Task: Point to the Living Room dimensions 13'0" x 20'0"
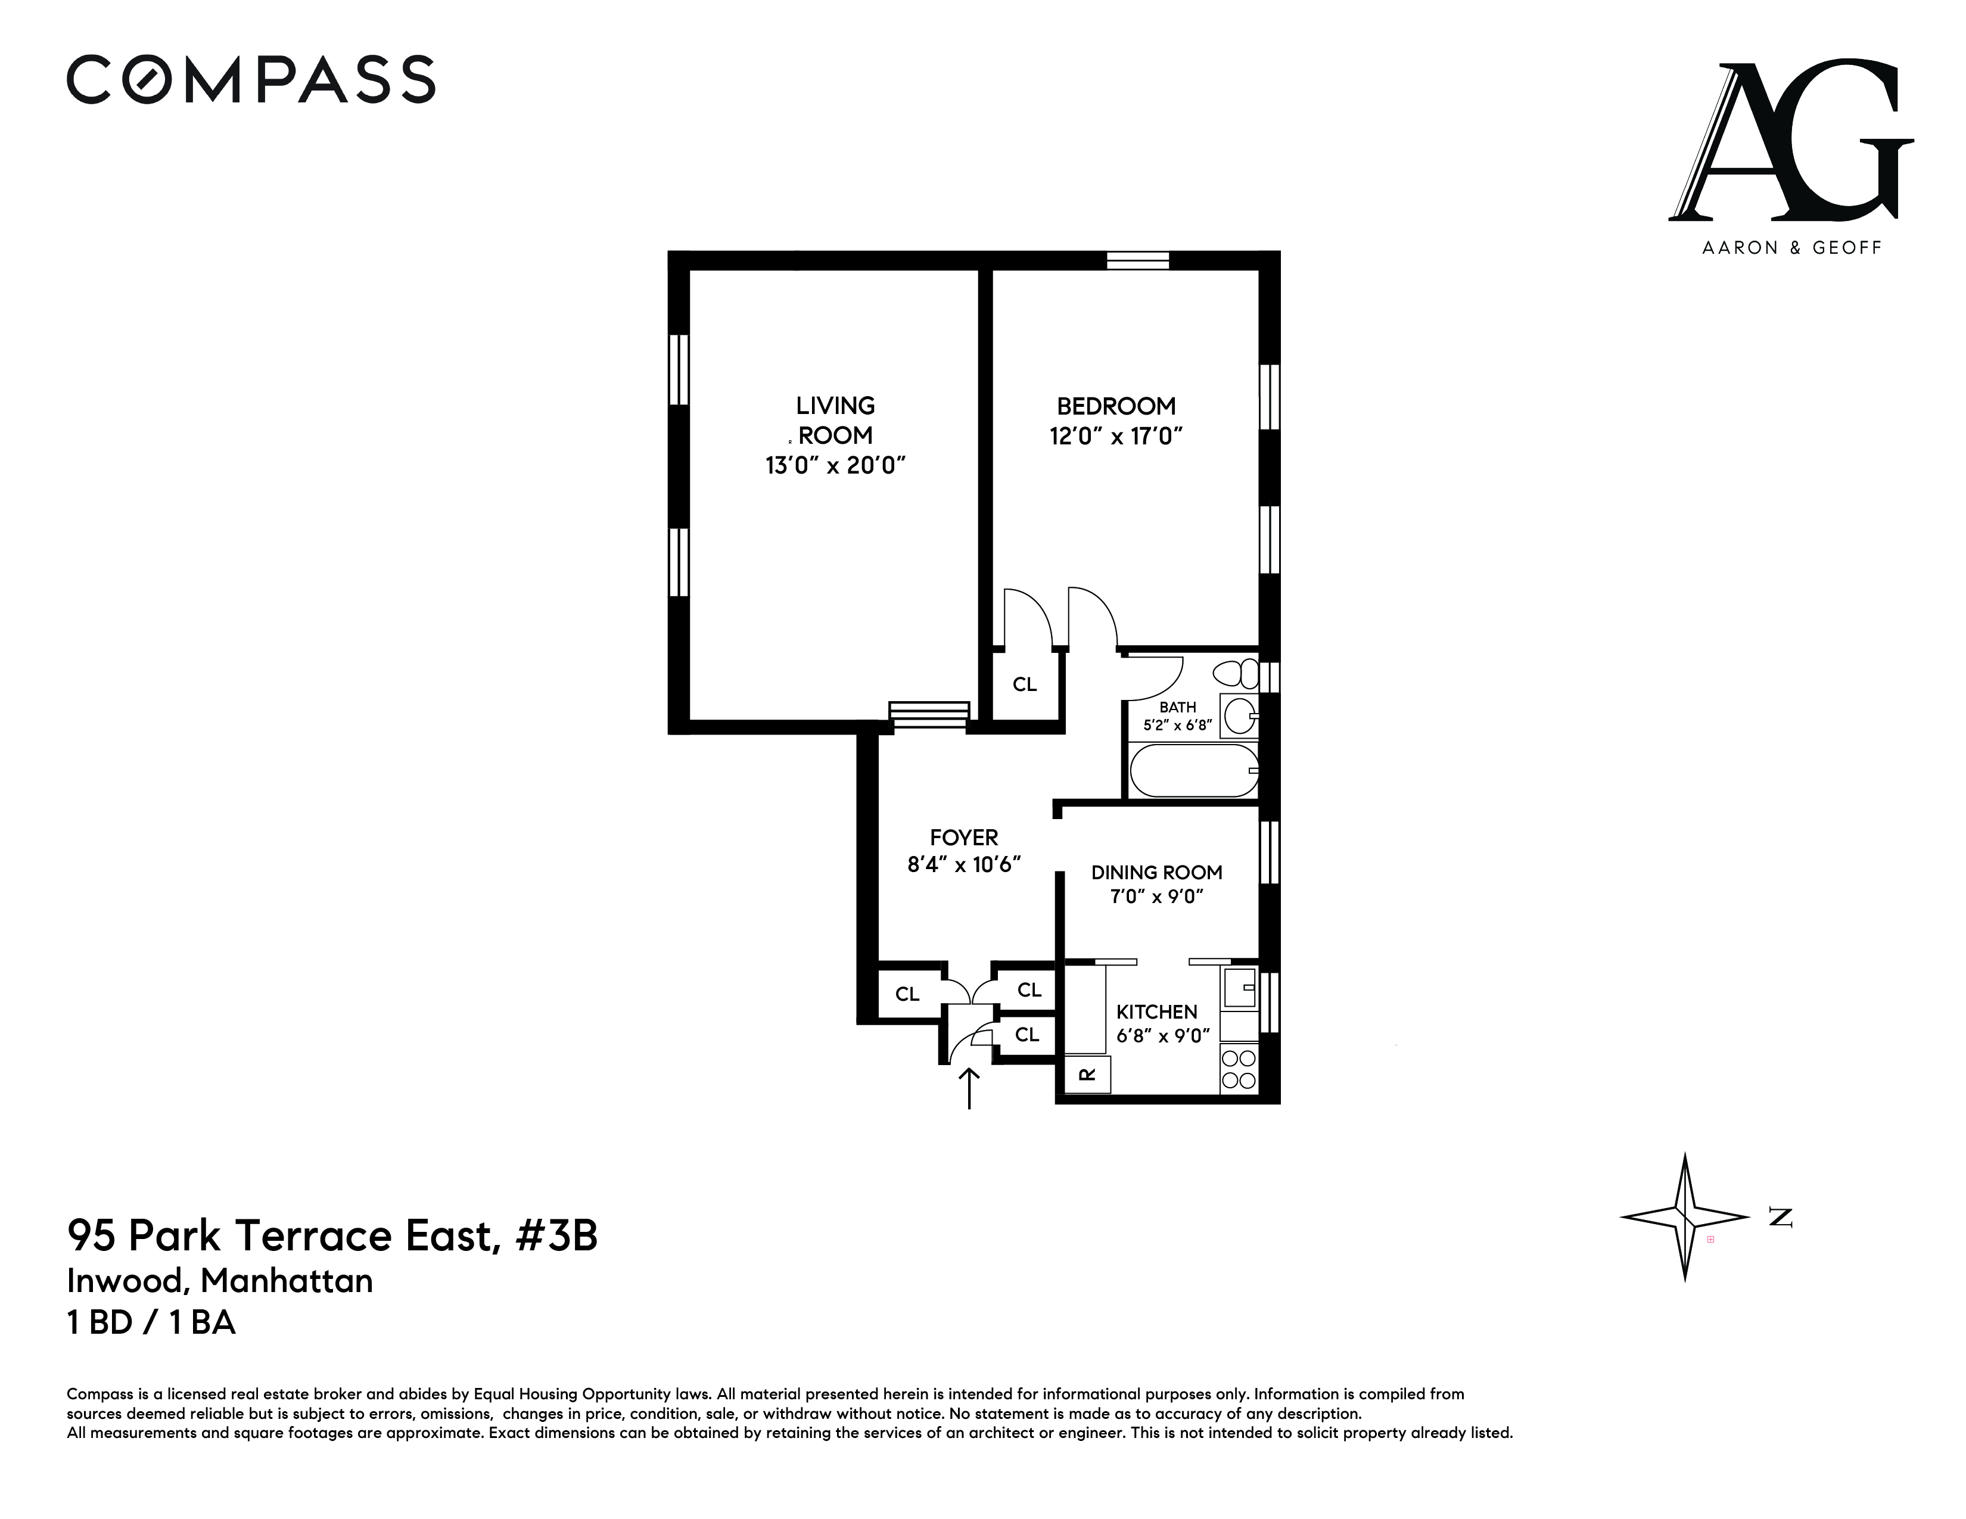point(835,465)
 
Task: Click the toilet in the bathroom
point(1236,673)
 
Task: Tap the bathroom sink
point(1240,717)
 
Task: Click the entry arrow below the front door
point(969,1088)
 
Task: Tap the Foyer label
point(964,838)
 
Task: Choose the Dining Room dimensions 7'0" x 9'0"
point(1157,897)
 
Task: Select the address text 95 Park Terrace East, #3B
point(332,1237)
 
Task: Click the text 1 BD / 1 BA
point(151,1323)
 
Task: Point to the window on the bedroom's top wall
point(1138,261)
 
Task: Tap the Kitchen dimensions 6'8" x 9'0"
point(1163,1036)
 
